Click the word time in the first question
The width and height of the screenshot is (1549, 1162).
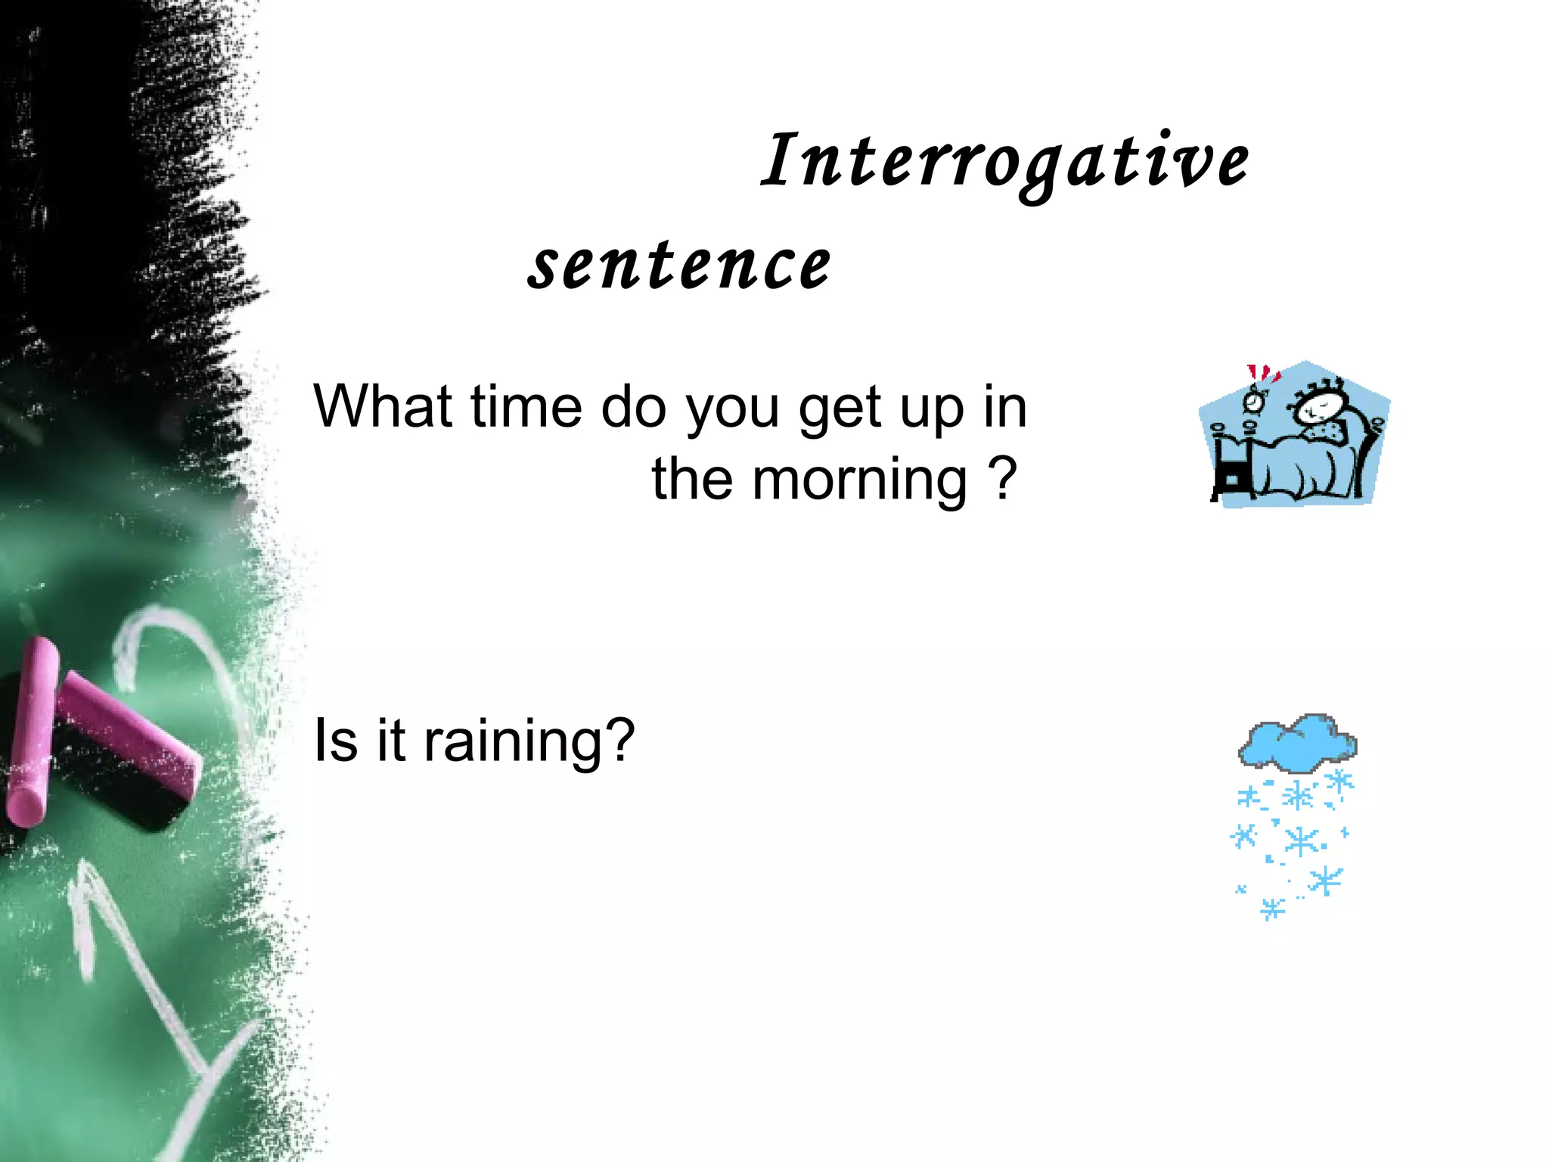tap(526, 406)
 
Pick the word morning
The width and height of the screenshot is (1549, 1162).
tap(859, 481)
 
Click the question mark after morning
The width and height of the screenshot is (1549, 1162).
tap(1003, 478)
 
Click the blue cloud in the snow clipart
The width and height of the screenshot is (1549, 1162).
tap(1298, 741)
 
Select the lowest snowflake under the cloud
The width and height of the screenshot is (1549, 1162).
tap(1272, 908)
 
